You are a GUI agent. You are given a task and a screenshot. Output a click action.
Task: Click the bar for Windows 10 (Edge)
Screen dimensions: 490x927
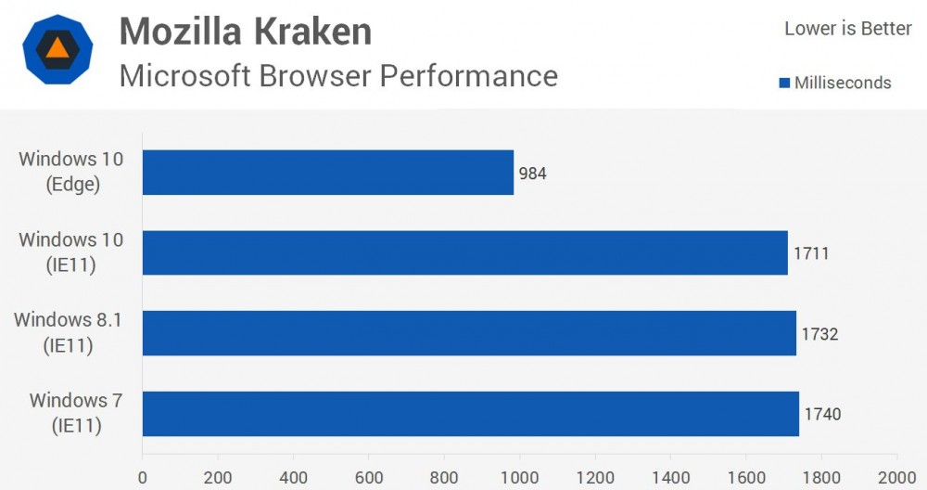[x=328, y=173]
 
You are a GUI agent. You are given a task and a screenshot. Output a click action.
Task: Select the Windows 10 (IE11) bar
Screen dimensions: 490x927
[x=465, y=252]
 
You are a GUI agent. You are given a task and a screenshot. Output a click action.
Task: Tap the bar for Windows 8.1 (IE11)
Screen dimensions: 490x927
[x=469, y=333]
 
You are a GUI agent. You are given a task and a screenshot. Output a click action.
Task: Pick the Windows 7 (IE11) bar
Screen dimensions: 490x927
[x=471, y=414]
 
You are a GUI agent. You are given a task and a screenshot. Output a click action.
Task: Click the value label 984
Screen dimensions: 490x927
[x=532, y=174]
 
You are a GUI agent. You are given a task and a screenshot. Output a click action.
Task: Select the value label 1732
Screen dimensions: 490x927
[x=819, y=334]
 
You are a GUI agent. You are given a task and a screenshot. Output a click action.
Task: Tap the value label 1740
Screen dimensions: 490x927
[x=822, y=415]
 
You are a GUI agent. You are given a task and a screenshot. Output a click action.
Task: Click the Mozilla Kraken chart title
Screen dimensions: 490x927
[x=246, y=32]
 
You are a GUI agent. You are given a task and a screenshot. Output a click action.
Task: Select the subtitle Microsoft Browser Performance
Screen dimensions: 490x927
[x=338, y=75]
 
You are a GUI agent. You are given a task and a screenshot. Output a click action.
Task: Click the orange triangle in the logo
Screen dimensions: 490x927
[x=57, y=50]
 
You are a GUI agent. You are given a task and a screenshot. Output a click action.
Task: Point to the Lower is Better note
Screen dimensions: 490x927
[x=848, y=29]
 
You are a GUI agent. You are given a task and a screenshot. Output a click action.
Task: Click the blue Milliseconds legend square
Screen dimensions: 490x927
[x=785, y=84]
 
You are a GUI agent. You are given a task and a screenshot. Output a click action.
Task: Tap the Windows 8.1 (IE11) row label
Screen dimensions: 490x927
[x=69, y=333]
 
